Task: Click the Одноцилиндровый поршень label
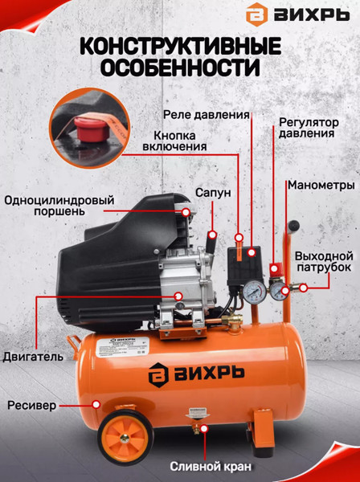[59, 207]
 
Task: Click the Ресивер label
[31, 406]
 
